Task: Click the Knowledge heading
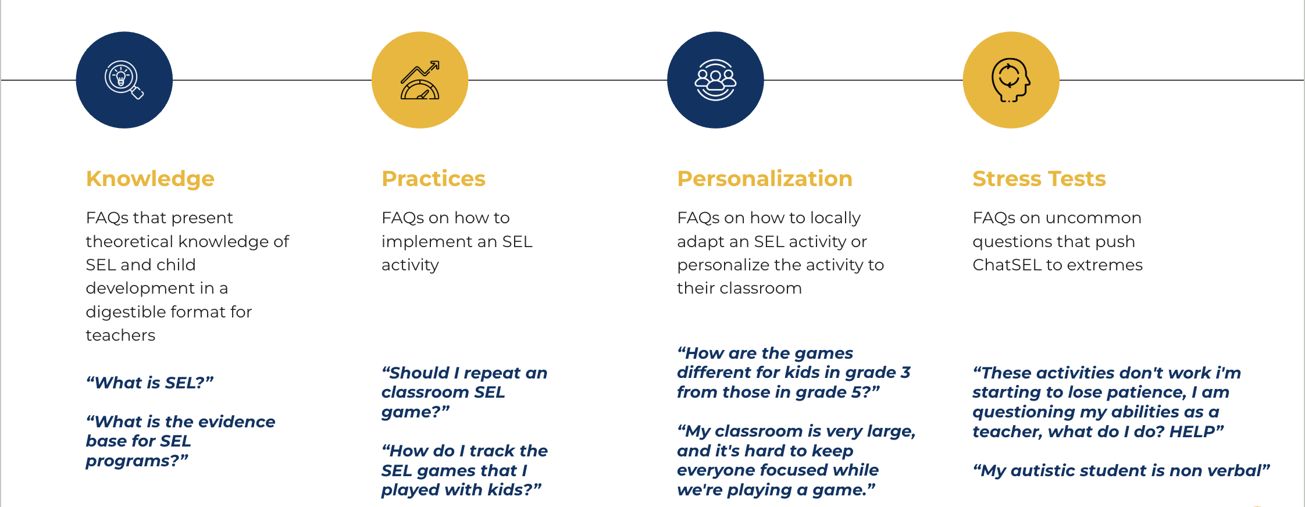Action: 150,179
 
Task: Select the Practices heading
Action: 433,178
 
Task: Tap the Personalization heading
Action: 765,178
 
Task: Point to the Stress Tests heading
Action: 1039,178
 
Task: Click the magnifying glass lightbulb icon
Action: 124,80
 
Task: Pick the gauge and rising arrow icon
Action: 420,80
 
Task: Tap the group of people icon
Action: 715,80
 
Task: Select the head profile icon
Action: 1011,80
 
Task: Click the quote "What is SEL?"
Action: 150,383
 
